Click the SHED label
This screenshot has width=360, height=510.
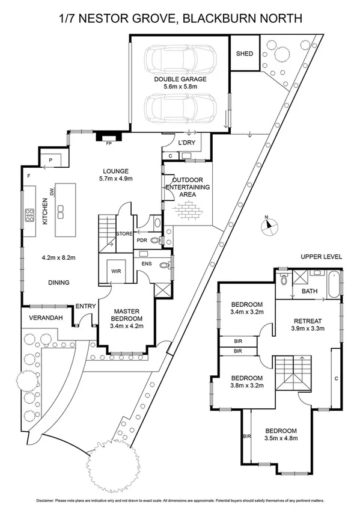pyautogui.click(x=244, y=54)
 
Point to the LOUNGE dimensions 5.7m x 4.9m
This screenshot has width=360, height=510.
pyautogui.click(x=115, y=179)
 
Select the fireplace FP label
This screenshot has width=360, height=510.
pyautogui.click(x=109, y=144)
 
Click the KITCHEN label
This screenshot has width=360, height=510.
pyautogui.click(x=44, y=212)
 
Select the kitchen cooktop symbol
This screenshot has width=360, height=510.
pyautogui.click(x=29, y=215)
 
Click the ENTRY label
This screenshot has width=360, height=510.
pyautogui.click(x=85, y=307)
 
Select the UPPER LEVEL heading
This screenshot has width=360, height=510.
pyautogui.click(x=322, y=257)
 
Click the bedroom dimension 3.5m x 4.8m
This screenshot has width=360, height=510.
pyautogui.click(x=280, y=440)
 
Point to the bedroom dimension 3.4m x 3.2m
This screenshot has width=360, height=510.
pyautogui.click(x=247, y=312)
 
